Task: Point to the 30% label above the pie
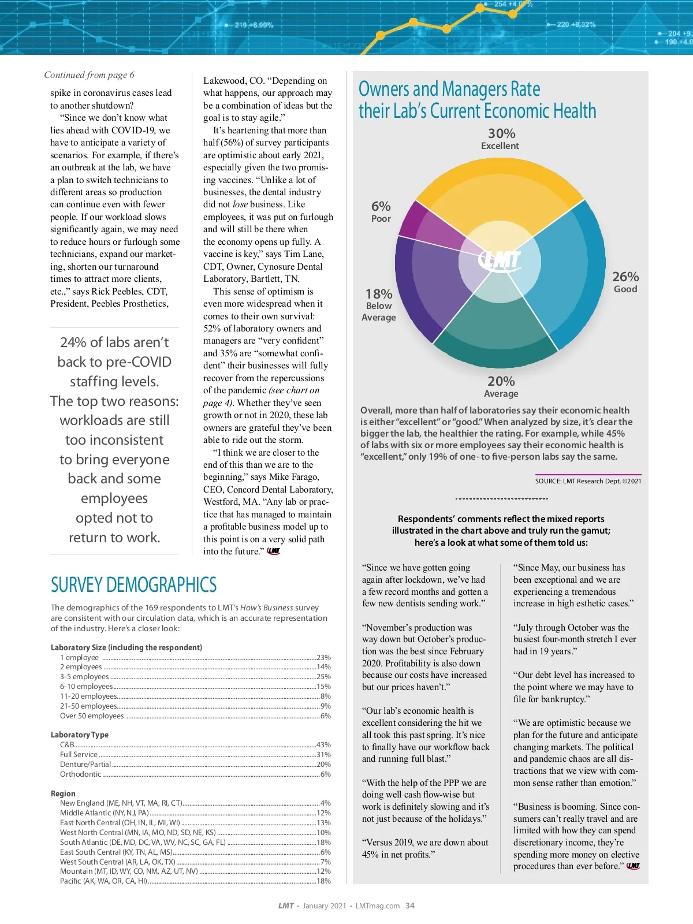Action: (501, 133)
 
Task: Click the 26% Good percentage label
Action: (625, 277)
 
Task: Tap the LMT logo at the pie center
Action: (500, 260)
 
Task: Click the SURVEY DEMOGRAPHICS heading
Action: (133, 585)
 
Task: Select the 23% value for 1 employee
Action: (323, 657)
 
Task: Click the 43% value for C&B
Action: (323, 744)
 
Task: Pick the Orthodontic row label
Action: (80, 774)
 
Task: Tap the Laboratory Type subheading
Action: (80, 735)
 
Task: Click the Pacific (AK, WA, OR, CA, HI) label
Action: (103, 881)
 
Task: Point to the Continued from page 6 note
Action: (89, 75)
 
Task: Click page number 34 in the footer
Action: (410, 906)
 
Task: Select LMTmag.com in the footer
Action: (378, 906)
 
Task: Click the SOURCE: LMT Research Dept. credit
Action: (588, 481)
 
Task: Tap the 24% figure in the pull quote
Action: (73, 342)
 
